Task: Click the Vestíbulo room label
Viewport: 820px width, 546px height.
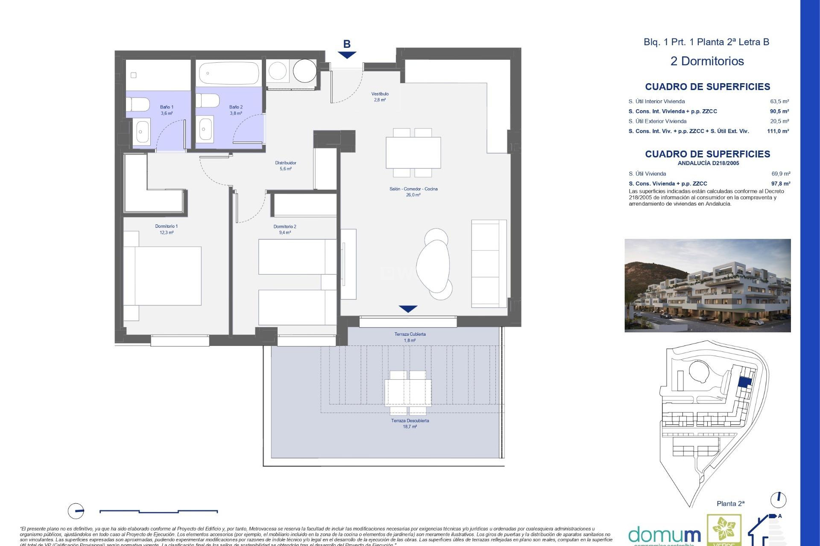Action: tap(380, 96)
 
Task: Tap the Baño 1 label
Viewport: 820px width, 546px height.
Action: tap(167, 110)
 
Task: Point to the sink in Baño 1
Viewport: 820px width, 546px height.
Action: tap(141, 132)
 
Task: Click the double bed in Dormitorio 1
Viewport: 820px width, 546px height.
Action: tap(163, 276)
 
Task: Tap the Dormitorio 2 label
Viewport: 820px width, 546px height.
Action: tap(285, 229)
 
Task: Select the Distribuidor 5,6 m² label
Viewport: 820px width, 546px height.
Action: tap(285, 166)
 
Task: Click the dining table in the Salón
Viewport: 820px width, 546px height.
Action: tap(413, 152)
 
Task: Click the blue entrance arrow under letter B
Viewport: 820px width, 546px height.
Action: tap(347, 55)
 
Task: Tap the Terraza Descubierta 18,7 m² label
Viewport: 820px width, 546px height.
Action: tap(410, 423)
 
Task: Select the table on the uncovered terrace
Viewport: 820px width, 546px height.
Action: tap(408, 392)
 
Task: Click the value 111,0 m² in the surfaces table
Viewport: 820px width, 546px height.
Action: tap(778, 131)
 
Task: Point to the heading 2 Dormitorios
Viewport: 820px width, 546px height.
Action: tap(707, 61)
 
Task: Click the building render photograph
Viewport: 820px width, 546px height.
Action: tap(707, 285)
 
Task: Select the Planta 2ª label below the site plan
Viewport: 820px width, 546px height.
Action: tap(730, 504)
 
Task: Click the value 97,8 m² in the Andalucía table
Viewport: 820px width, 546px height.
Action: tap(780, 183)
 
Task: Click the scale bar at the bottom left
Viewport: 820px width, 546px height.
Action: tap(158, 511)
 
